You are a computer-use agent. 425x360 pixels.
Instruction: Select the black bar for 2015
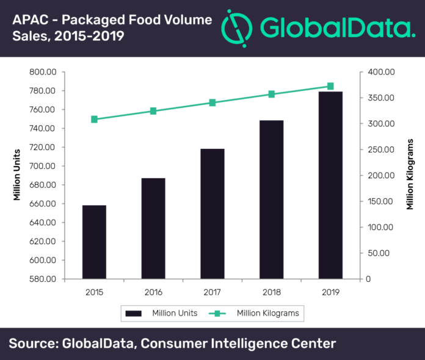click(x=94, y=242)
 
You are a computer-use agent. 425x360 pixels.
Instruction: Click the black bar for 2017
click(x=212, y=214)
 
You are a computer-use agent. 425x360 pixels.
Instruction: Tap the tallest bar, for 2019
click(x=330, y=185)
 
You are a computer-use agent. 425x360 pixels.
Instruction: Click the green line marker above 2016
click(x=153, y=111)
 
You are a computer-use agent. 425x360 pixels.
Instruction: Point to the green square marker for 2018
click(x=272, y=94)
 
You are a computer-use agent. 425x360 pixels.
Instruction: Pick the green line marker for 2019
click(x=330, y=87)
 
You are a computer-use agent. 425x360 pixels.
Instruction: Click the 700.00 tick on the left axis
click(x=43, y=166)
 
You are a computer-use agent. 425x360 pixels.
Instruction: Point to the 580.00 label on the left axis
click(x=43, y=279)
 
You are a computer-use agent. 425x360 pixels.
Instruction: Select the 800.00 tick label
click(x=43, y=72)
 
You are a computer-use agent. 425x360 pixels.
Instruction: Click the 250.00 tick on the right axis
click(x=381, y=149)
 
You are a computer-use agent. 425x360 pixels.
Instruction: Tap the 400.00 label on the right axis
click(x=381, y=72)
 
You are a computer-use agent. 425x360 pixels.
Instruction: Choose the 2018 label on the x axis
click(x=272, y=292)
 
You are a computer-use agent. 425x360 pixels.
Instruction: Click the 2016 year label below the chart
click(x=153, y=292)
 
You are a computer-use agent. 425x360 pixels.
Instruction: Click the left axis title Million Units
click(x=17, y=175)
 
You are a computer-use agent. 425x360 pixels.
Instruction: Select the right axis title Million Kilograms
click(x=410, y=175)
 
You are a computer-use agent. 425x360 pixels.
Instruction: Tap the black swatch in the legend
click(x=133, y=314)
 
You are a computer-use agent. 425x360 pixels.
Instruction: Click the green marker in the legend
click(x=217, y=314)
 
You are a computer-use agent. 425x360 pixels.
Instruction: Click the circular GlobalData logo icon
click(x=237, y=28)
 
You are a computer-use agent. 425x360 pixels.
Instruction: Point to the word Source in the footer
click(x=32, y=344)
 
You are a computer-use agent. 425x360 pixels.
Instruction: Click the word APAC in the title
click(x=31, y=20)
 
